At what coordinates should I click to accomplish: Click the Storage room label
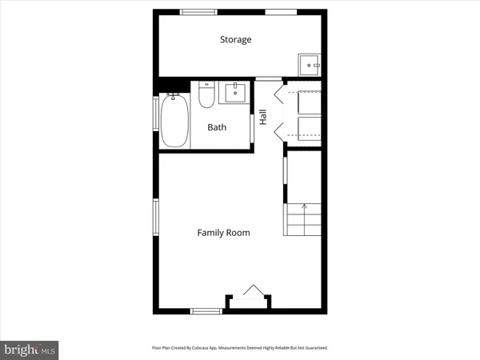[236, 39]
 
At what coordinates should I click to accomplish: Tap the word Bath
[217, 127]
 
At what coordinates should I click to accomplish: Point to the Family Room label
[224, 233]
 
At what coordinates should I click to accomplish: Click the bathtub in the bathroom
[175, 122]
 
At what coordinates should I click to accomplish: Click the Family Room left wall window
[157, 221]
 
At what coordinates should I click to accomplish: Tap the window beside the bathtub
[157, 120]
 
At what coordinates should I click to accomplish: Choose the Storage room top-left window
[198, 11]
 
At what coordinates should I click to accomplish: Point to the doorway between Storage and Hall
[269, 78]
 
